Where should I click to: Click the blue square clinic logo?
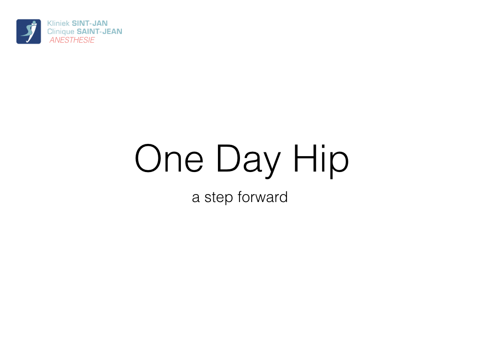pyautogui.click(x=29, y=31)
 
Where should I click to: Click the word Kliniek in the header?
pyautogui.click(x=58, y=23)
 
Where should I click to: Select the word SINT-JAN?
pyautogui.click(x=90, y=23)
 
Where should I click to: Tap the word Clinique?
pyautogui.click(x=60, y=31)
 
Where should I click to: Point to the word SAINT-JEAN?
pyautogui.click(x=99, y=31)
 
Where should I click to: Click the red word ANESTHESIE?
pyautogui.click(x=72, y=40)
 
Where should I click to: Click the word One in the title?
pyautogui.click(x=169, y=158)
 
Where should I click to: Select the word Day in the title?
pyautogui.click(x=248, y=161)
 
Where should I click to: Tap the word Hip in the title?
pyautogui.click(x=321, y=161)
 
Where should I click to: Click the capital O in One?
pyautogui.click(x=148, y=158)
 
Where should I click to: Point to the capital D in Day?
pyautogui.click(x=229, y=158)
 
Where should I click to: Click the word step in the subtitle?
pyautogui.click(x=218, y=198)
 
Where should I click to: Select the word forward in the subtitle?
pyautogui.click(x=262, y=196)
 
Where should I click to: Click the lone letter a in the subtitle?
pyautogui.click(x=196, y=198)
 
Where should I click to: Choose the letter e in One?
pyautogui.click(x=194, y=162)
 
